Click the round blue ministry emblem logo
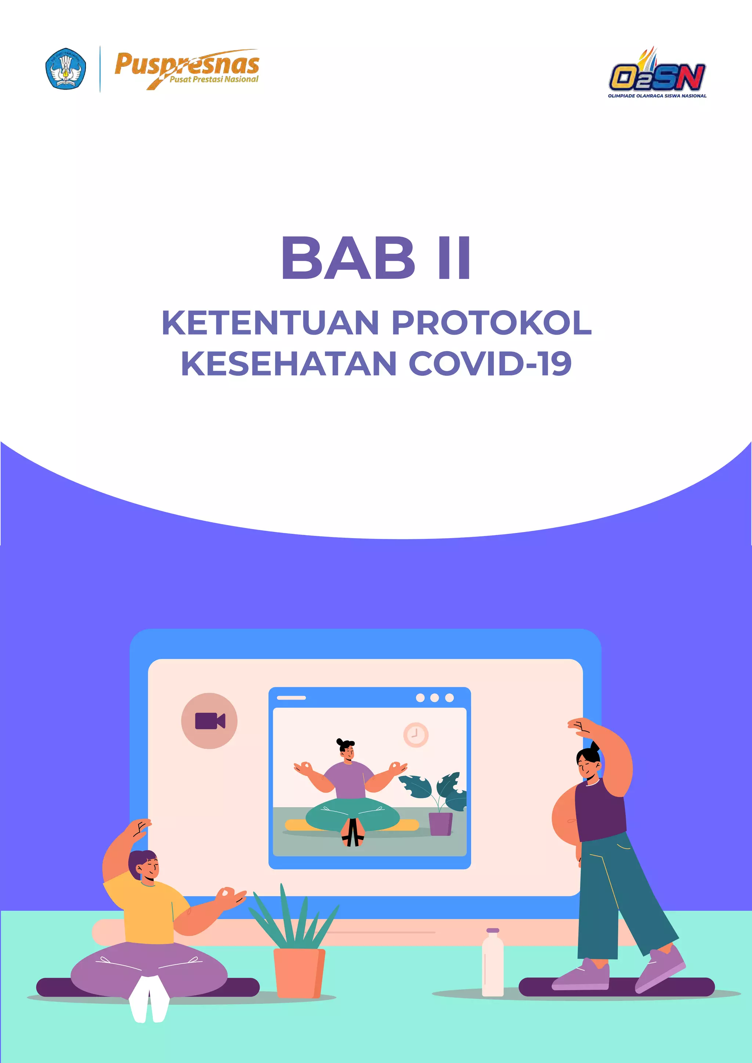65,69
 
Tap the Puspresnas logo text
187,68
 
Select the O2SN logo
657,74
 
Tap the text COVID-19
490,363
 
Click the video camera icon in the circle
209,721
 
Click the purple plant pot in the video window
440,824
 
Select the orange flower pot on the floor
299,973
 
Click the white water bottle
492,965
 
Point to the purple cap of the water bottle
493,930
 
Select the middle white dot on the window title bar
434,698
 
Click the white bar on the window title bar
291,698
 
